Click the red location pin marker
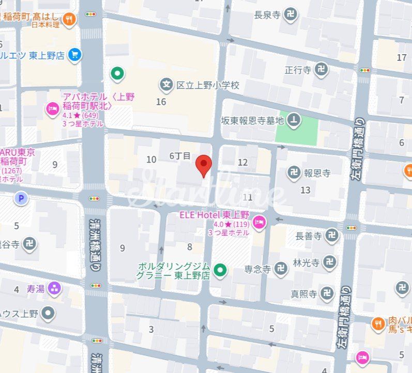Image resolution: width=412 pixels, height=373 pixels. (x=205, y=165)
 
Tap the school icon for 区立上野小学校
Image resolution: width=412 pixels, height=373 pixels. (x=166, y=84)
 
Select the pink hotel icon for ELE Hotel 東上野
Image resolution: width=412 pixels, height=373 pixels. (x=259, y=223)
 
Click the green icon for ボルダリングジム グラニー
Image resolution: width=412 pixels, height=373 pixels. (x=221, y=269)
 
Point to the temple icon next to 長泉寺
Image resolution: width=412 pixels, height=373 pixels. (x=291, y=15)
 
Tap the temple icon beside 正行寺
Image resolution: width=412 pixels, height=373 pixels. (x=322, y=70)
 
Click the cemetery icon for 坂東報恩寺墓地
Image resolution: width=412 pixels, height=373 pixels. (x=294, y=120)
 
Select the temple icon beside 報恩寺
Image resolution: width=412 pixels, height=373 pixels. (x=294, y=173)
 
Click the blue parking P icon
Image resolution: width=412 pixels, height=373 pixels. (x=21, y=198)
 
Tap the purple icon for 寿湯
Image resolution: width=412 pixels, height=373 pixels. (x=54, y=289)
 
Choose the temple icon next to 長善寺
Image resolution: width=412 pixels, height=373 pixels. (x=332, y=236)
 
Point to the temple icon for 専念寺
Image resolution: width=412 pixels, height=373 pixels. (x=281, y=268)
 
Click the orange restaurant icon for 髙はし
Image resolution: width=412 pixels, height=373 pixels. (x=69, y=20)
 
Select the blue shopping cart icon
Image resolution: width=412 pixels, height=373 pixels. (x=75, y=55)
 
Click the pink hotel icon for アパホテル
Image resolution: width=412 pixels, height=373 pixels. (x=52, y=109)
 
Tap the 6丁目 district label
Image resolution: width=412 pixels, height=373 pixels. (x=180, y=155)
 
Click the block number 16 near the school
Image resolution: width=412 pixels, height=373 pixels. (x=161, y=102)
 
